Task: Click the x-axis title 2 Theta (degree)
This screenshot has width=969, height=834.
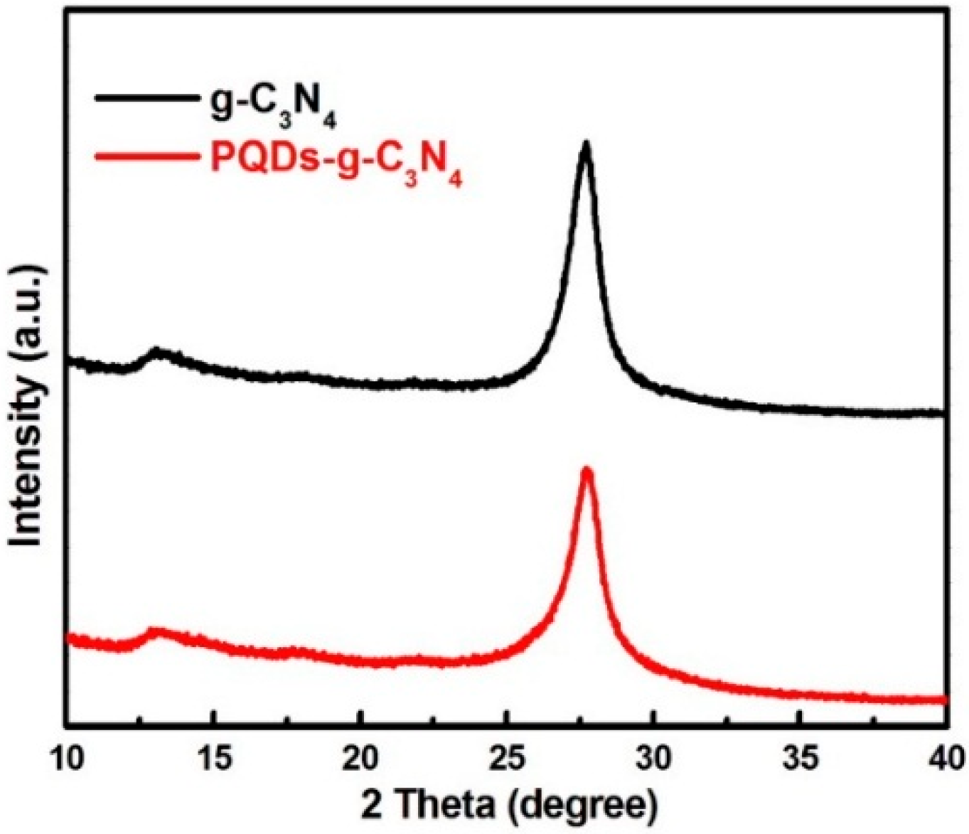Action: (506, 805)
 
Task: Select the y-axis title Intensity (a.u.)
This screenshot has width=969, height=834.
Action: (27, 407)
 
